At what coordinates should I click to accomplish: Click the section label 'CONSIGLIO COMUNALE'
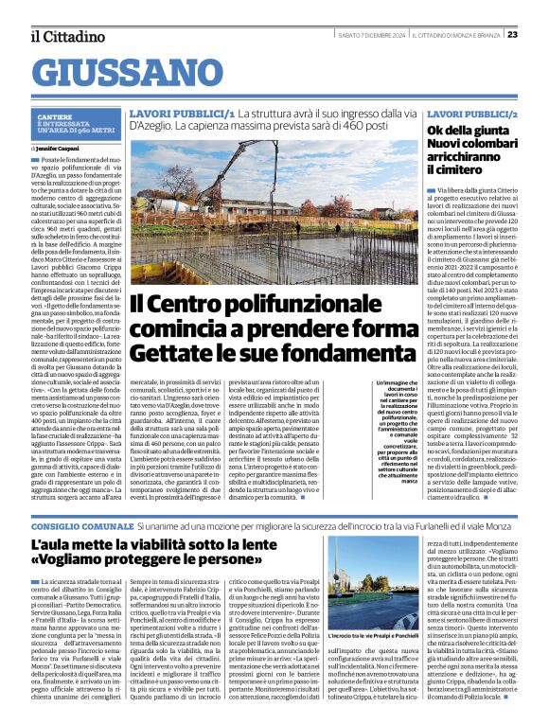click(80, 524)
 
